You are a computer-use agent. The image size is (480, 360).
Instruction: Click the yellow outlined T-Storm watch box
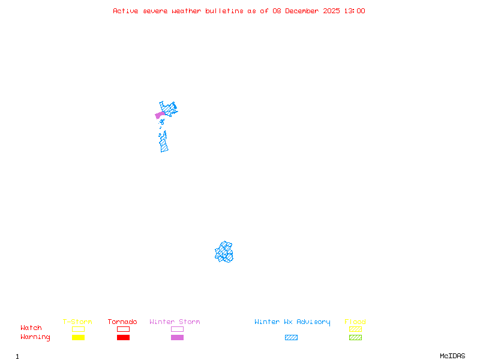point(78,329)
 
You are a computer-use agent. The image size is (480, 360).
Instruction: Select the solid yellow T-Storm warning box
point(78,338)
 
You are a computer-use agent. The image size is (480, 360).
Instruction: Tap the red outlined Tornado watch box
point(123,329)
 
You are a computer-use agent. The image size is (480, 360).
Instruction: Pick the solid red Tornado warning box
point(123,338)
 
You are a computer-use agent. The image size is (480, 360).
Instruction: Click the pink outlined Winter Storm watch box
point(177,329)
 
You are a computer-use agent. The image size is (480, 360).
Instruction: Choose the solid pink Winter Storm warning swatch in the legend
point(177,338)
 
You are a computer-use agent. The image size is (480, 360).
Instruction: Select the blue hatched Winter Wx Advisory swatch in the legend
point(291,338)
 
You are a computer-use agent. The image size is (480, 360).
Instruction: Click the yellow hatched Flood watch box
point(355,329)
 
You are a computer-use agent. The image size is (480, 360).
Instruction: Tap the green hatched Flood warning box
point(355,338)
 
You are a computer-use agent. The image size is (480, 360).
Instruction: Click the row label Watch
point(31,328)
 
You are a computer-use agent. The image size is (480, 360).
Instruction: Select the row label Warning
point(35,337)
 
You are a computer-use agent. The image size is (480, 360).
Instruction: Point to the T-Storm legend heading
point(77,322)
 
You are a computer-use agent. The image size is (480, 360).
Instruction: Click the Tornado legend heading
point(122,322)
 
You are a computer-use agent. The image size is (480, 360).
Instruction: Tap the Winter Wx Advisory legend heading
point(292,322)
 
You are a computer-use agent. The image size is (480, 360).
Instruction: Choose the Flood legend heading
point(355,322)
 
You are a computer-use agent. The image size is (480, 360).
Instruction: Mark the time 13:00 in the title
point(354,11)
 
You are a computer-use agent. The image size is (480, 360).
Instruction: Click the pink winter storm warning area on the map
point(160,115)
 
